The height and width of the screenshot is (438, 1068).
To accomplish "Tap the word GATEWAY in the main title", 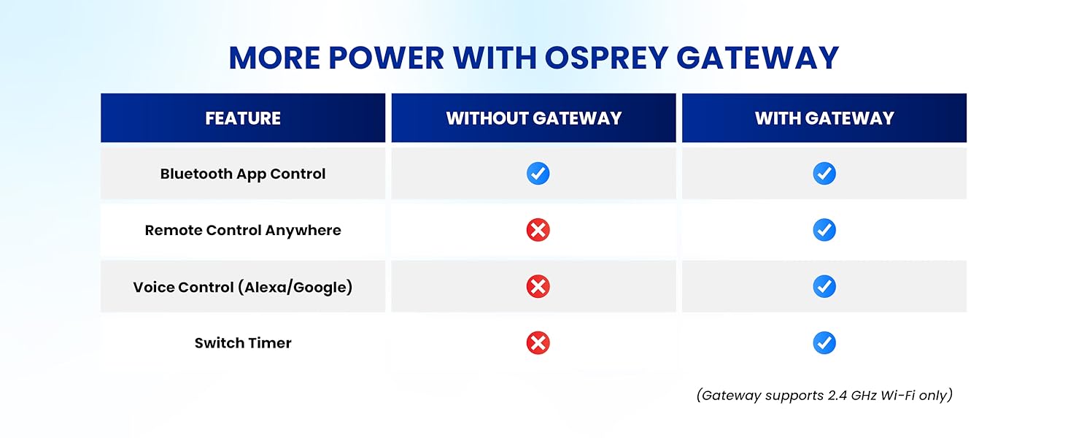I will [x=759, y=58].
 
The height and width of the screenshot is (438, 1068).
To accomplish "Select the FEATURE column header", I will [x=243, y=118].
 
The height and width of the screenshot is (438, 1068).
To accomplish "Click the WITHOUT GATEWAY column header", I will [x=534, y=118].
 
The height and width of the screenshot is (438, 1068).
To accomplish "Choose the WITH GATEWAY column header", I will [x=824, y=118].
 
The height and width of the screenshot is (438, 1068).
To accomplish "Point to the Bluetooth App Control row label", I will [x=243, y=174].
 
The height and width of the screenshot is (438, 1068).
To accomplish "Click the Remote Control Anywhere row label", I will [x=243, y=230].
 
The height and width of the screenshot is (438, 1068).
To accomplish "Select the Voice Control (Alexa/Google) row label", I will [x=243, y=287].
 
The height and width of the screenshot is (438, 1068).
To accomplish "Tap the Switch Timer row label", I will [x=243, y=343].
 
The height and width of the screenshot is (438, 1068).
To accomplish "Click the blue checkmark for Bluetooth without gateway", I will [x=538, y=174].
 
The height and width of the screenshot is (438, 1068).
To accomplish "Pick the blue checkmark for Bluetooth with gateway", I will [x=824, y=174].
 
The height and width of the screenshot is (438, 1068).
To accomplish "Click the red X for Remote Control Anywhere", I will [x=538, y=230].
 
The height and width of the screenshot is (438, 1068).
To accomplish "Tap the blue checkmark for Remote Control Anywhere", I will [x=824, y=230].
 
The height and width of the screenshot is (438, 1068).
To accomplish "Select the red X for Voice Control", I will [x=538, y=287].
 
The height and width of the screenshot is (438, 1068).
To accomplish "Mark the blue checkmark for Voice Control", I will [x=824, y=287].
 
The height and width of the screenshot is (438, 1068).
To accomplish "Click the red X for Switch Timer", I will [x=538, y=343].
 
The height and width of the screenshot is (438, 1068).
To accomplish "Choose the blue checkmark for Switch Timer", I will [x=824, y=343].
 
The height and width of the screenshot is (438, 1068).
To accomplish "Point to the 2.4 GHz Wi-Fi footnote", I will [x=824, y=396].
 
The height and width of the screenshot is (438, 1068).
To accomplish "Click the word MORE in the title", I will [x=273, y=58].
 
